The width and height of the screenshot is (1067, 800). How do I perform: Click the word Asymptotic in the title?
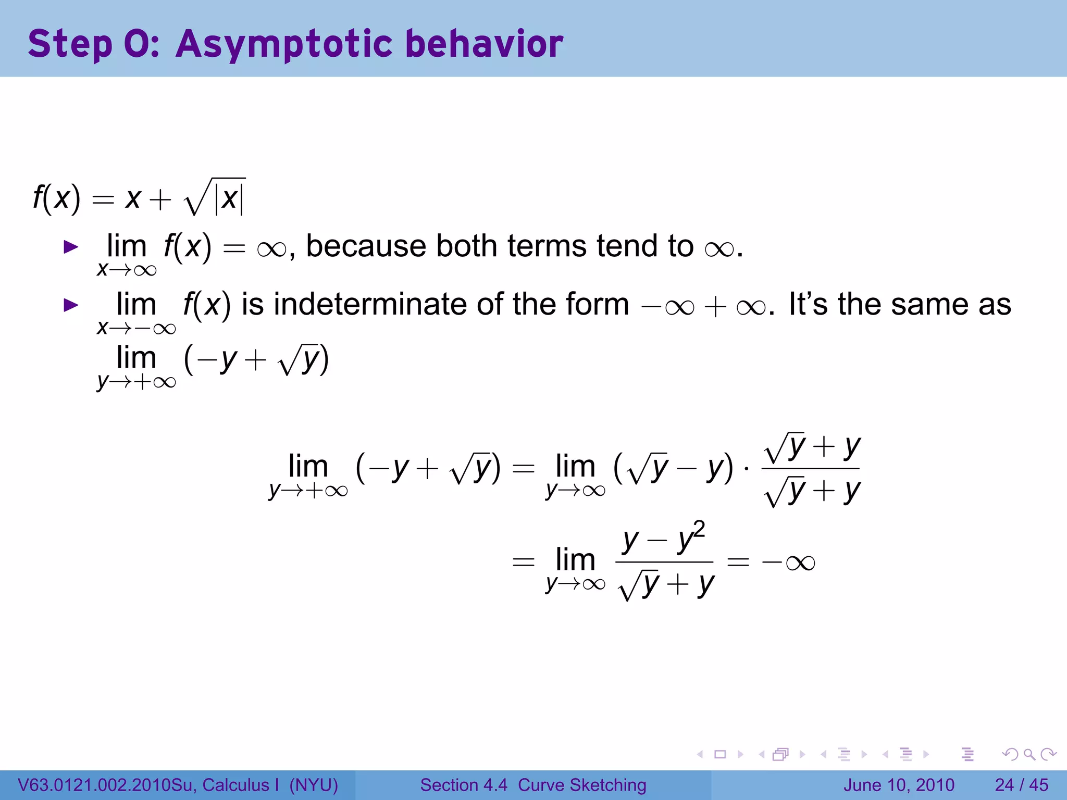(284, 44)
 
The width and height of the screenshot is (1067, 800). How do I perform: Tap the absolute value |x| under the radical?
(229, 198)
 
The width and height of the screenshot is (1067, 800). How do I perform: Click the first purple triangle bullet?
(70, 247)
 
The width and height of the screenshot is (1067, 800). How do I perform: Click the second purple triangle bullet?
(70, 305)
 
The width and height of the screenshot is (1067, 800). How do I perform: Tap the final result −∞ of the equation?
(788, 562)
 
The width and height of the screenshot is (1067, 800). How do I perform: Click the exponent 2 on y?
(699, 529)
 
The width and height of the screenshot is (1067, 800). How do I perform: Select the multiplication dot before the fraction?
(747, 469)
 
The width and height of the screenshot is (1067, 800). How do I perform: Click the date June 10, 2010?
(899, 785)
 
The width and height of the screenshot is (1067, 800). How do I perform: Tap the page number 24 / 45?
(1021, 785)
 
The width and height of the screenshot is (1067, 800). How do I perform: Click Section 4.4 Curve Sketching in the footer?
(533, 785)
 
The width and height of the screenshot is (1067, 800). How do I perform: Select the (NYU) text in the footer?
(314, 785)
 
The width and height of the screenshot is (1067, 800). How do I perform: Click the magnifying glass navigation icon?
(1029, 754)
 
